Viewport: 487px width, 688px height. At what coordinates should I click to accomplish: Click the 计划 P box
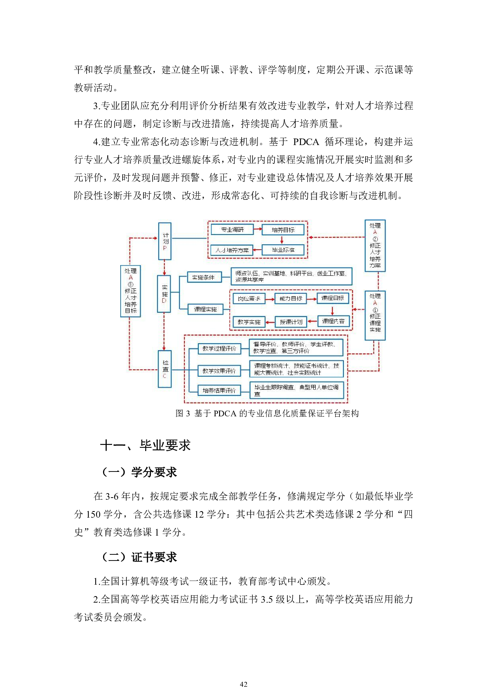click(164, 241)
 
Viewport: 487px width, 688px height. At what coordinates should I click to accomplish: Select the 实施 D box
click(164, 294)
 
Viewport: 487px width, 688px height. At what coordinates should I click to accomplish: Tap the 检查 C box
click(164, 369)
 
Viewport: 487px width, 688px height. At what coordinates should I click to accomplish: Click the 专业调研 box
click(232, 230)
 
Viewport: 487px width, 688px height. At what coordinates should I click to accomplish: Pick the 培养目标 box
click(283, 230)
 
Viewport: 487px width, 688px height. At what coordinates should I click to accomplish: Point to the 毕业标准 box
click(283, 250)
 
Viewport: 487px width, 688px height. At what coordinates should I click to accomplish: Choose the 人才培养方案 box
click(232, 250)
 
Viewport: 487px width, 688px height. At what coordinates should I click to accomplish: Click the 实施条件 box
click(204, 277)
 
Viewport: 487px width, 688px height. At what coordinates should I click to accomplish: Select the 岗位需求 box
click(249, 298)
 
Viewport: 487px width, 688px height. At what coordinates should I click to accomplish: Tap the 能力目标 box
click(291, 298)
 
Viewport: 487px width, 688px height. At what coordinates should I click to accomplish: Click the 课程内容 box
click(333, 321)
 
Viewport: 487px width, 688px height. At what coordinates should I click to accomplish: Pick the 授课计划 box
click(291, 322)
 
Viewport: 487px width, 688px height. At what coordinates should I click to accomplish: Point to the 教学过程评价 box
click(219, 348)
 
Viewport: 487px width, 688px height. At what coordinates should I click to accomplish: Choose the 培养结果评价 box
click(219, 391)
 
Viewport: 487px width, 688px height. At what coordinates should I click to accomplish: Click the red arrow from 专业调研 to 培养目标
click(258, 229)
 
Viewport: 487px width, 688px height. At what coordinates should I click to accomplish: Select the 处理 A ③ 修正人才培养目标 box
click(130, 291)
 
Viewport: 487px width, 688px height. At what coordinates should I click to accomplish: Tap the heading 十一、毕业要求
click(145, 445)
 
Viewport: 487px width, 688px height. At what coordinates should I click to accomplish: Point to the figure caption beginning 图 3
click(267, 413)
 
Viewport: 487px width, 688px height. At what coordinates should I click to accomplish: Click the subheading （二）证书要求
click(139, 557)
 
